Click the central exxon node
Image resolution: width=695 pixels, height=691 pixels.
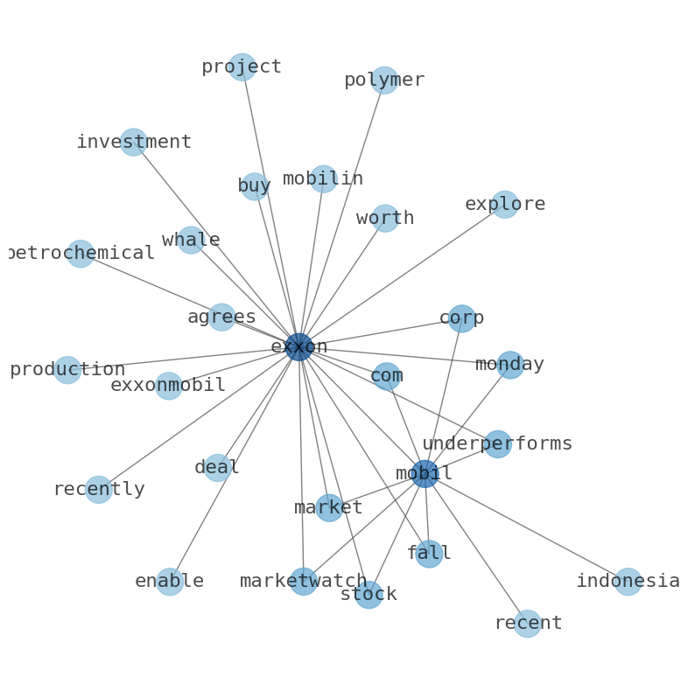[299, 347]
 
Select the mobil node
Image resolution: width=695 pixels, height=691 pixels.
[425, 474]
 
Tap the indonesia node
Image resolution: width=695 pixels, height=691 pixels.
[628, 582]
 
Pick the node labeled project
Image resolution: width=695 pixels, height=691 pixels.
[242, 67]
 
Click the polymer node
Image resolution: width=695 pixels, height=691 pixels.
[384, 80]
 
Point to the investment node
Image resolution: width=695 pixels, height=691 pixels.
[133, 142]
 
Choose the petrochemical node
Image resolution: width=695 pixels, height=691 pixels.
[81, 254]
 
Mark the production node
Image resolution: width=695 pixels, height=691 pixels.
[67, 370]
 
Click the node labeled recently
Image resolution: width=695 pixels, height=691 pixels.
[99, 490]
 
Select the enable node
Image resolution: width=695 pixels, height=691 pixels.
[170, 582]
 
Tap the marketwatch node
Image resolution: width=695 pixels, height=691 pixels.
[304, 582]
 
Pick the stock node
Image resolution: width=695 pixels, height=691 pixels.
[369, 595]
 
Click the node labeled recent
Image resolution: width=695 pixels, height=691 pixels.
[527, 624]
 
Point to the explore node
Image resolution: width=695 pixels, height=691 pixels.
[505, 205]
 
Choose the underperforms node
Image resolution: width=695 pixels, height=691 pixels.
[498, 444]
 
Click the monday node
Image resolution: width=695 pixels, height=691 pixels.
[509, 365]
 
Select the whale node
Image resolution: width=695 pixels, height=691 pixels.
[191, 241]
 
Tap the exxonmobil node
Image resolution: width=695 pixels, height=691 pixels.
[169, 386]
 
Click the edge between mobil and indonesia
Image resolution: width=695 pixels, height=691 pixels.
[526, 527]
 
